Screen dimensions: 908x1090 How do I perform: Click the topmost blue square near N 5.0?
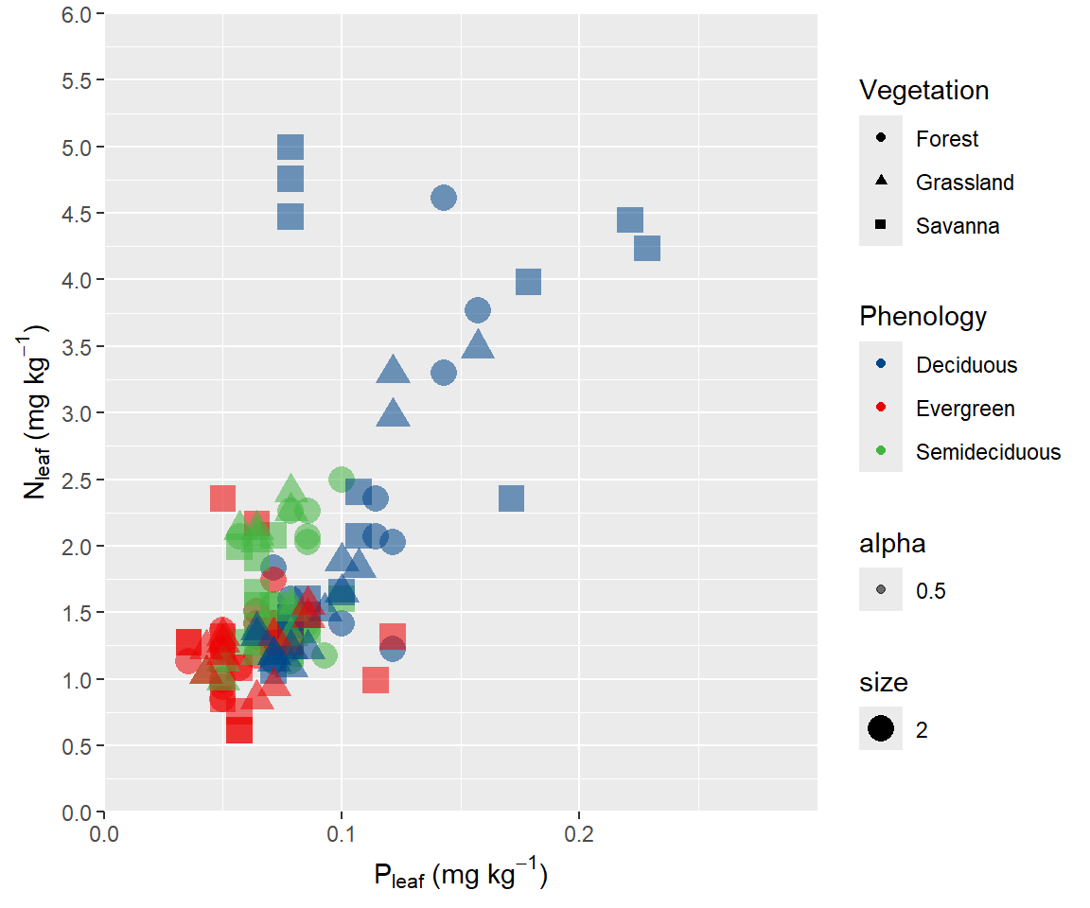tap(290, 148)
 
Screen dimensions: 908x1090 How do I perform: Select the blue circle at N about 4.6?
tap(444, 198)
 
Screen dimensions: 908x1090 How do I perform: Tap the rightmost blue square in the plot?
tap(647, 248)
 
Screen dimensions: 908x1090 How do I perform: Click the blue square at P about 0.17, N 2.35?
tap(511, 498)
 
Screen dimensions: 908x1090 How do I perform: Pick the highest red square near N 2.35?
tap(222, 498)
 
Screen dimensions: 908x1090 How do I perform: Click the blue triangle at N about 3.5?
tap(478, 345)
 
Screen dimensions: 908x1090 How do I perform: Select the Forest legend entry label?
tap(947, 139)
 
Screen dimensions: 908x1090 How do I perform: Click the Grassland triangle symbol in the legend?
tap(881, 182)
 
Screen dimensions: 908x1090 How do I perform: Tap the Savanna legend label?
tap(958, 226)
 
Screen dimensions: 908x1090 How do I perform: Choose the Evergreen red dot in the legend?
tap(881, 409)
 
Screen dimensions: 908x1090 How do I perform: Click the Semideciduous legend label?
tap(988, 452)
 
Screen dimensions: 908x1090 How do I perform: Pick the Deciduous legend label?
tap(966, 365)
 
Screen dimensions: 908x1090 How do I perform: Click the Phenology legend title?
tap(923, 316)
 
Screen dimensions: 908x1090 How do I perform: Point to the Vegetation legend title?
tap(923, 91)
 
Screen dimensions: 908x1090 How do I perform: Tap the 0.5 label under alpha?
tap(931, 592)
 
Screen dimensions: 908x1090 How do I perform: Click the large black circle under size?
tap(881, 729)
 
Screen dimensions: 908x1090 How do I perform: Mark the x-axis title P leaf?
tap(461, 876)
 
